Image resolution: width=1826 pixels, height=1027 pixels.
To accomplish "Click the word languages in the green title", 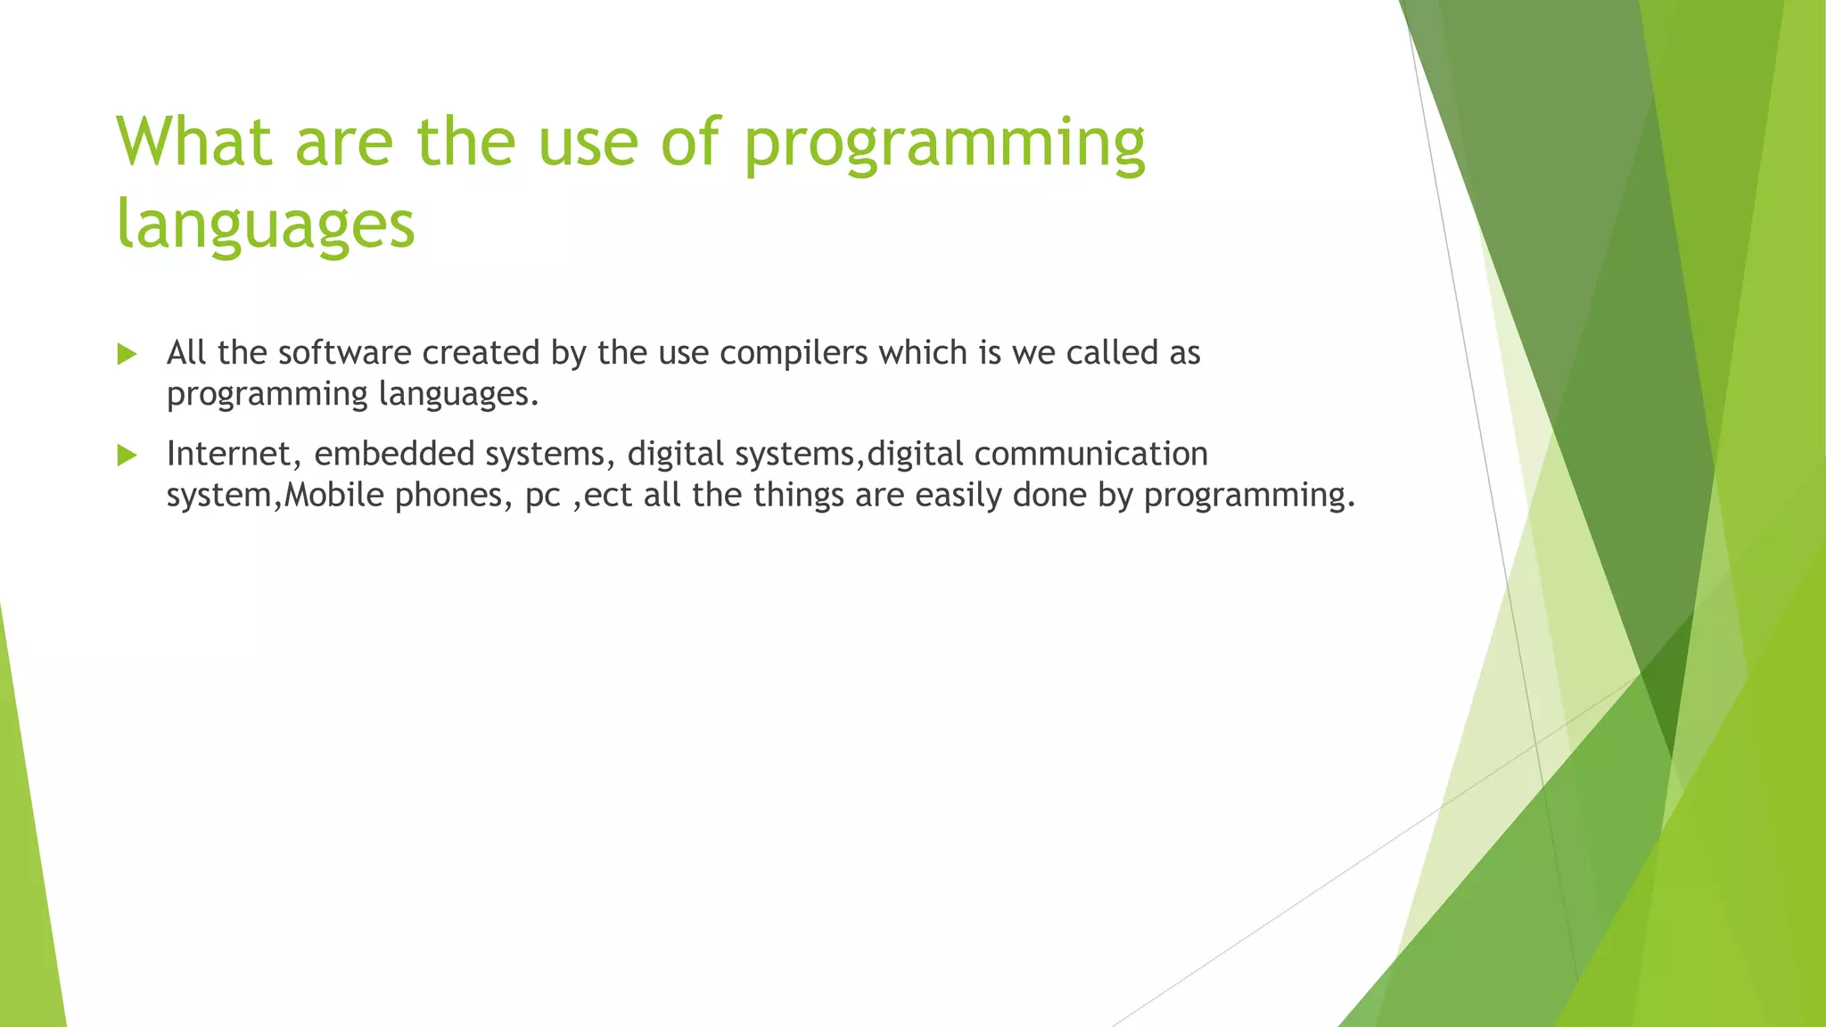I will click(266, 224).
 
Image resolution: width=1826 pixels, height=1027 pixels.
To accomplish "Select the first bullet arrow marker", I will click(127, 355).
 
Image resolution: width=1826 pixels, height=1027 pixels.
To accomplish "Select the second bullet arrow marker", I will click(127, 456).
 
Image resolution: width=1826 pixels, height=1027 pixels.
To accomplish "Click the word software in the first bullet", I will click(344, 353).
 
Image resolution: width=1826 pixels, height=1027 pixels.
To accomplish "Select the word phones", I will click(453, 496).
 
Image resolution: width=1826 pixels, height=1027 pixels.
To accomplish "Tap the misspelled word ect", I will click(608, 496).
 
